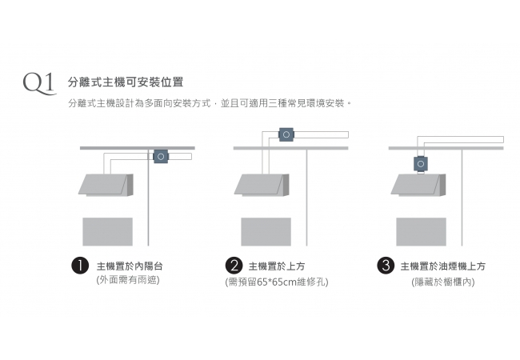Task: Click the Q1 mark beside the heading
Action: pos(38,82)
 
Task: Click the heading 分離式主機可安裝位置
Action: pos(126,82)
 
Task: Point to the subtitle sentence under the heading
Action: pos(211,104)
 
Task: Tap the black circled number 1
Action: pos(80,266)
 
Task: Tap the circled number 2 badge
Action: pos(234,266)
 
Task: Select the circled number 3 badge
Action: pos(386,266)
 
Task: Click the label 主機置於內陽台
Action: pos(130,266)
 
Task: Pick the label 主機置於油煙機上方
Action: pos(442,266)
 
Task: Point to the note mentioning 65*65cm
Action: pos(277,282)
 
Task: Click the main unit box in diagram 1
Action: pos(161,157)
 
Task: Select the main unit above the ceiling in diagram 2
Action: pos(285,135)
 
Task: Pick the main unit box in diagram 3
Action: pos(420,164)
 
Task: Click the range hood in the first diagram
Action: pos(106,185)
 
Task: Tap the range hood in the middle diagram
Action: pos(262,185)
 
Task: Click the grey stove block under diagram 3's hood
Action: pos(421,231)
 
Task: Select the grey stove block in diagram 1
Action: pos(107,231)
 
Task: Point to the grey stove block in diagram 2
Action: pos(266,231)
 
